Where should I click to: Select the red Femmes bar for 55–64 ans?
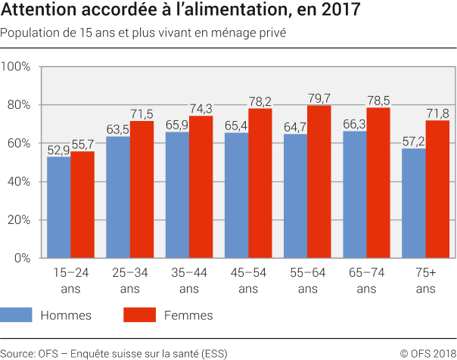pyautogui.click(x=319, y=182)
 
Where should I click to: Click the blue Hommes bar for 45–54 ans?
pyautogui.click(x=236, y=195)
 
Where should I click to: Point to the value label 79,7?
pyautogui.click(x=319, y=97)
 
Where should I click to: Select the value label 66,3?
pyautogui.click(x=354, y=123)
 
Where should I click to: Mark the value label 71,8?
pyautogui.click(x=437, y=113)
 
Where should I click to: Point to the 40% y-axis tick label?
pyautogui.click(x=18, y=182)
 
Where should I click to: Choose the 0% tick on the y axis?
pyautogui.click(x=22, y=259)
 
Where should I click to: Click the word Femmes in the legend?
pyautogui.click(x=188, y=315)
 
